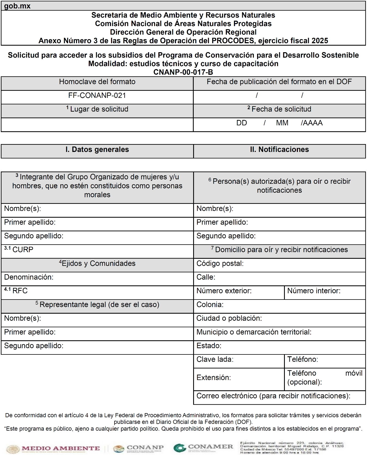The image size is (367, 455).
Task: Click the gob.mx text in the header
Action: pyautogui.click(x=17, y=6)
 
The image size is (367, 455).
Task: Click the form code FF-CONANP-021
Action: pyautogui.click(x=97, y=95)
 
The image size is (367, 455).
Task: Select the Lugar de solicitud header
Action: pyautogui.click(x=97, y=109)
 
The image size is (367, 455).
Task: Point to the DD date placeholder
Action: pyautogui.click(x=242, y=123)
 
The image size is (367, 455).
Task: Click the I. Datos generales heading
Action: pyautogui.click(x=97, y=149)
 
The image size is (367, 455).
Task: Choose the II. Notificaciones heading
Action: pyautogui.click(x=279, y=149)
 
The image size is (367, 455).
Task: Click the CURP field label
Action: pyautogui.click(x=23, y=250)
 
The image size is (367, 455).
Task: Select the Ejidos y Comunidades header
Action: pyautogui.click(x=97, y=263)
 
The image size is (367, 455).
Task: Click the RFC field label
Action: pyautogui.click(x=20, y=291)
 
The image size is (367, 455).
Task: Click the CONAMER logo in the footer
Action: pyautogui.click(x=203, y=447)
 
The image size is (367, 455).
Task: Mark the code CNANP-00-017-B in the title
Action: pyautogui.click(x=183, y=72)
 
